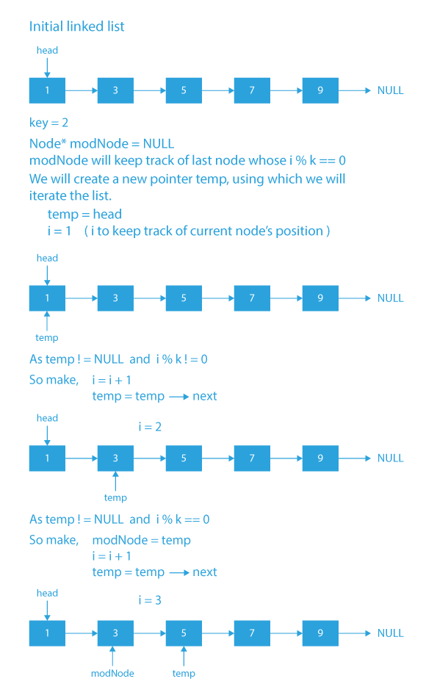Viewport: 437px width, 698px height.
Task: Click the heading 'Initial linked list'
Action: click(76, 26)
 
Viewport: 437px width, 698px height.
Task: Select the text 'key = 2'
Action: click(49, 123)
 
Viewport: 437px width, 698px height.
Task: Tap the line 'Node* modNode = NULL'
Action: click(101, 143)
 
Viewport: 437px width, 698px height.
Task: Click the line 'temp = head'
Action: click(84, 215)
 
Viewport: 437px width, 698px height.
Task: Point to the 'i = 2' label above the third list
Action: click(150, 426)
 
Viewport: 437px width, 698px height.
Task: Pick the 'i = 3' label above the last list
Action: click(150, 600)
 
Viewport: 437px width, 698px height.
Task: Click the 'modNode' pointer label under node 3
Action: click(112, 673)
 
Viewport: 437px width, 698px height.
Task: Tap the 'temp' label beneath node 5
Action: click(184, 673)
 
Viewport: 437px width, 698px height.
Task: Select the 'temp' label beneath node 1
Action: click(47, 338)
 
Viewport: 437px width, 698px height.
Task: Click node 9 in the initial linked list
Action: click(320, 90)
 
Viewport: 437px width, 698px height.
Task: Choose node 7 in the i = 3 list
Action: click(252, 633)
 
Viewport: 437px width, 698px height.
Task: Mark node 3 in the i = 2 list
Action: click(115, 458)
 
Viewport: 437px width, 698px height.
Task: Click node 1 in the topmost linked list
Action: click(47, 90)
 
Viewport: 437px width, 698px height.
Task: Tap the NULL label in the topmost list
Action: click(390, 90)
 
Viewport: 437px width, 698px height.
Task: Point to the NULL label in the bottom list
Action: click(390, 633)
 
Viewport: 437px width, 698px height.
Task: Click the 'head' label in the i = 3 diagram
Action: click(47, 593)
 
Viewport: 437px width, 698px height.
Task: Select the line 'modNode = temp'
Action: click(141, 540)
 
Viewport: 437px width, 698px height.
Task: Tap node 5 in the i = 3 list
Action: click(184, 633)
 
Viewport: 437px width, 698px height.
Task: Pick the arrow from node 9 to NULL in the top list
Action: click(355, 90)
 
